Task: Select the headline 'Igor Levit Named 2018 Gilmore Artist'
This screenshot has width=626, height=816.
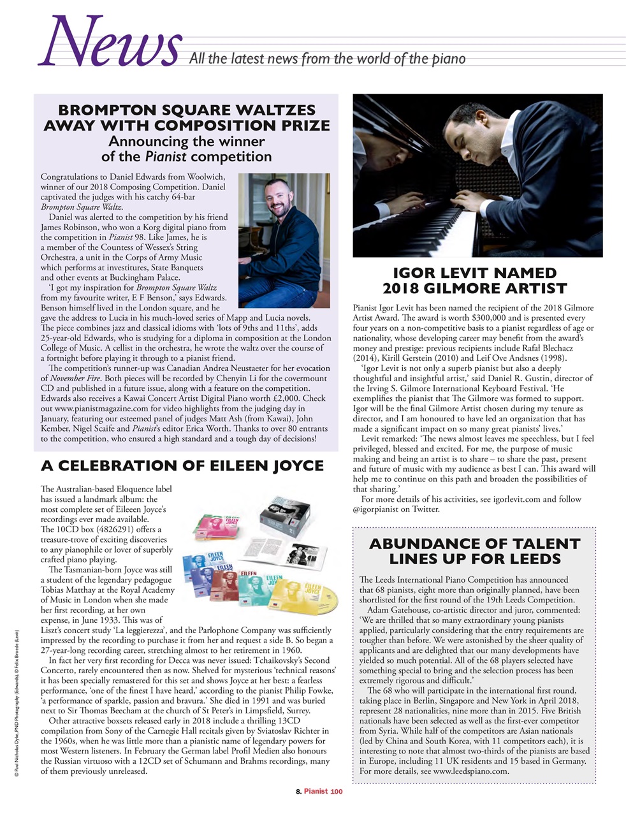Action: (x=474, y=281)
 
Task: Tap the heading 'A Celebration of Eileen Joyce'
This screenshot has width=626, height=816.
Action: (x=182, y=466)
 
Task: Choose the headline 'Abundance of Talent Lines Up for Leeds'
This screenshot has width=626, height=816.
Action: (x=474, y=551)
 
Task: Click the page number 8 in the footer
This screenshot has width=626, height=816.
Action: (x=298, y=791)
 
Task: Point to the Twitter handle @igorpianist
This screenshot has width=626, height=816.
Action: (x=381, y=509)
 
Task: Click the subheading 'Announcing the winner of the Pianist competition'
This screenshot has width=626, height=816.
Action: (x=186, y=149)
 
